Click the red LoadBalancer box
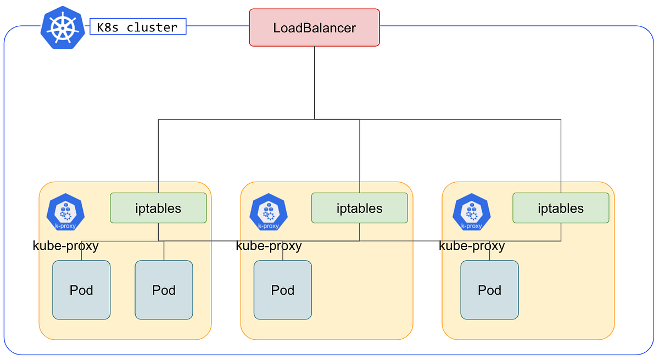tap(315, 27)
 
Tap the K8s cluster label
tap(138, 26)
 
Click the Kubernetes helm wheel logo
tap(63, 27)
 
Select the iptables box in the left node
tap(158, 208)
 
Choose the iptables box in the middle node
tap(360, 208)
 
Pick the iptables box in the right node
tap(561, 208)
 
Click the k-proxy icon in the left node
tap(65, 212)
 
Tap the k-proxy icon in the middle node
tap(269, 212)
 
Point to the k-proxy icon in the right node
tap(472, 212)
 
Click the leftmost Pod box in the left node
tap(81, 290)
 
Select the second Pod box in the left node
tap(164, 290)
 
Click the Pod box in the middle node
tap(283, 290)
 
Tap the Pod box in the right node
tap(489, 290)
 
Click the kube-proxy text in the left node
tap(65, 246)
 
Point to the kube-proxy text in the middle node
tap(269, 246)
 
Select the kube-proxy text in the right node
tap(472, 246)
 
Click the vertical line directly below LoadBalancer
tap(315, 83)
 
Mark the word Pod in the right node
tap(489, 290)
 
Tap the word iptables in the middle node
tap(360, 209)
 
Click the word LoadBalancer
tap(315, 28)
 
